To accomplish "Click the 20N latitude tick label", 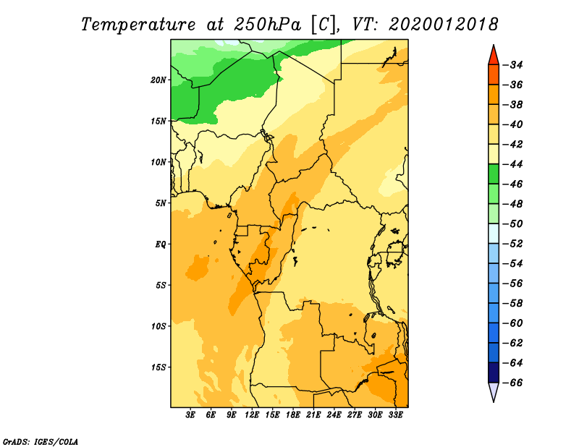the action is [x=159, y=80].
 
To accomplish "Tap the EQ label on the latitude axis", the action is [x=161, y=244].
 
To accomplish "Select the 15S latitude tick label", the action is [x=159, y=367].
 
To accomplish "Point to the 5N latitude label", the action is [x=161, y=203].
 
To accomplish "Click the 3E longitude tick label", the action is [x=190, y=415].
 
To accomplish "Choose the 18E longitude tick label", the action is [x=292, y=415].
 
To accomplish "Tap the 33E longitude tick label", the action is [x=395, y=415].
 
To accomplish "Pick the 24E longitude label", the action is [x=334, y=415].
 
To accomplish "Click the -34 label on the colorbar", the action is [x=513, y=65].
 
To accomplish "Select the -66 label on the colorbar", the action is [x=513, y=383].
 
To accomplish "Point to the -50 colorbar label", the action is [x=513, y=224].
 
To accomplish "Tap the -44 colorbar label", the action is [x=513, y=164].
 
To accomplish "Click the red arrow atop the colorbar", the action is [x=494, y=56].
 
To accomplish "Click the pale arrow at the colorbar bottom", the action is [x=494, y=391].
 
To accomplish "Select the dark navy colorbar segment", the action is [x=494, y=372].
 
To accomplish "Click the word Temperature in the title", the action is [x=138, y=25].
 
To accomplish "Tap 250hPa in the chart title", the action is [x=267, y=25].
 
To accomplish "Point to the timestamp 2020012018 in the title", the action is [x=444, y=25].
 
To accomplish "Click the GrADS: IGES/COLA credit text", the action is [x=41, y=442].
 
